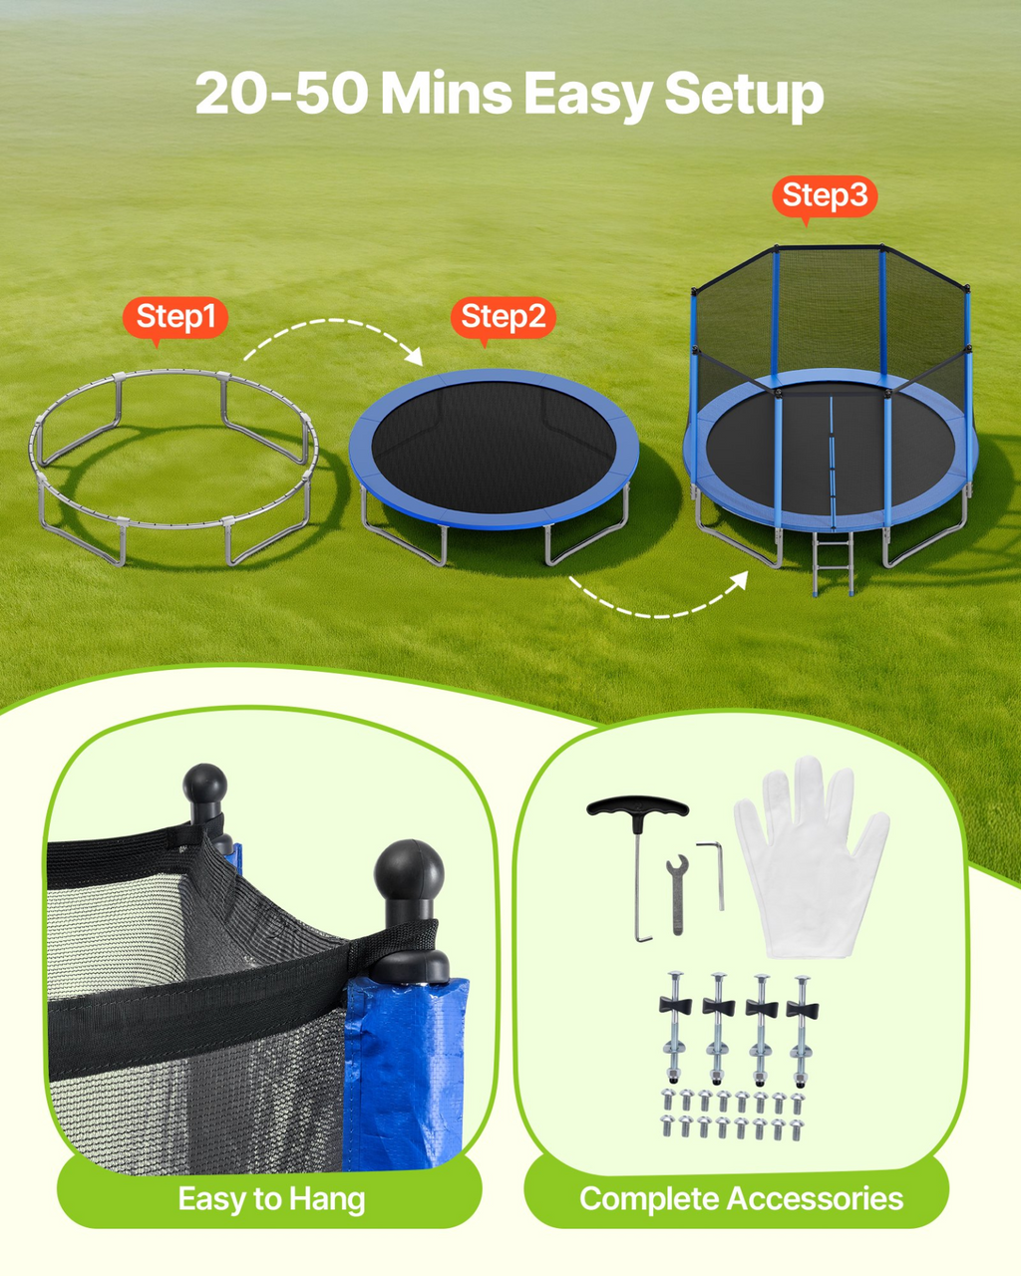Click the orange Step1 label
175,318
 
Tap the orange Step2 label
504,318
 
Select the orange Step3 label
825,196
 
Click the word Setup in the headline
744,95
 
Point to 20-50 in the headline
281,93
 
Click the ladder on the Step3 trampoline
833,563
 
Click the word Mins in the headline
446,93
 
